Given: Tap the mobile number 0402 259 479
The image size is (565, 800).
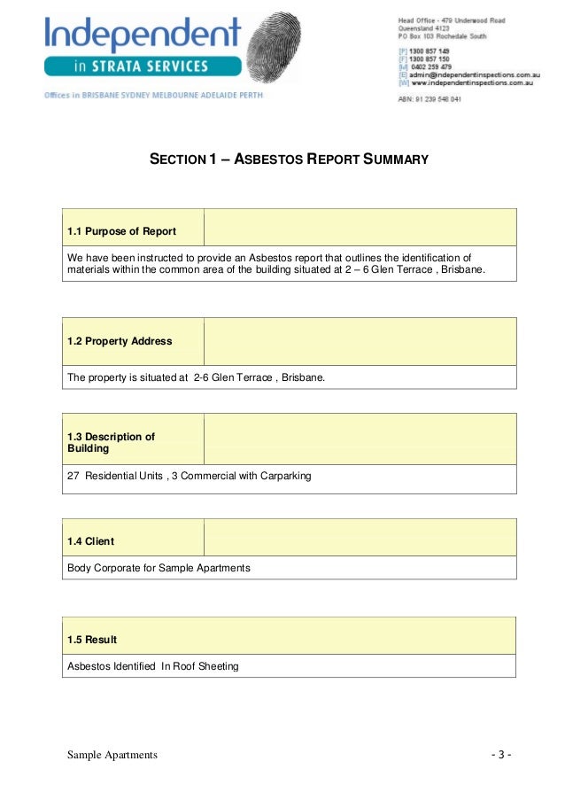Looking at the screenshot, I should [x=431, y=67].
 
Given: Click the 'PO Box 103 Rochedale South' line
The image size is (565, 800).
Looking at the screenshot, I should [x=441, y=36].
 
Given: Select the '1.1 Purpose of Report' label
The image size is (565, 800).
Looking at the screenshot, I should [x=121, y=231].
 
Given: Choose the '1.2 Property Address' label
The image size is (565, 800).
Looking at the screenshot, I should [x=120, y=341].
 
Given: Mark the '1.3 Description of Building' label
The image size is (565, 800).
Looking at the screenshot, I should [x=111, y=442].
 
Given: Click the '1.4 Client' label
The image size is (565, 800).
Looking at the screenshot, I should [x=90, y=540].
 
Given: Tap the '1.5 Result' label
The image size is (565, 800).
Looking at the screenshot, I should [x=92, y=639].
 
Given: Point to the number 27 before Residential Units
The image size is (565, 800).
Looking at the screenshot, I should [x=74, y=476].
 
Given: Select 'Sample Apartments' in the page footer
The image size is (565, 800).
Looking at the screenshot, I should [x=112, y=755].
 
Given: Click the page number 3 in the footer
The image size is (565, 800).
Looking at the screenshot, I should [x=501, y=755].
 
